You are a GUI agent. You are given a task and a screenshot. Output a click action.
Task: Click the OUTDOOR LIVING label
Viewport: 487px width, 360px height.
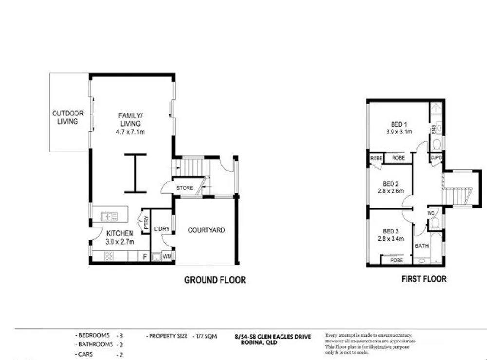click(x=68, y=117)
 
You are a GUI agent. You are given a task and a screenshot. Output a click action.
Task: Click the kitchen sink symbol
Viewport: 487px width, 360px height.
click(x=110, y=215)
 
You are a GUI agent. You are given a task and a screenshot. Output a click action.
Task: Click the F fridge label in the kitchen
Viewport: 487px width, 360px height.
click(x=144, y=256)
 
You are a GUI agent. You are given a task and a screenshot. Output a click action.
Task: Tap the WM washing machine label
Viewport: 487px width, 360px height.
click(x=167, y=256)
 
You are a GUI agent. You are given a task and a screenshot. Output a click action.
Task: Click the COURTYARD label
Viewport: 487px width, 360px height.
click(x=206, y=230)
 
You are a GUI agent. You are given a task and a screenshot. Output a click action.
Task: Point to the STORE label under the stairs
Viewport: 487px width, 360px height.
click(x=185, y=188)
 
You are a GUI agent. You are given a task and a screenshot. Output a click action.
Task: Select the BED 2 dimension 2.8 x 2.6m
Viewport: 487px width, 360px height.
click(x=391, y=191)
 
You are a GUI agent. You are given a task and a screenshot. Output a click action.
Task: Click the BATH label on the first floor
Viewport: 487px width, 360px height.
click(x=421, y=246)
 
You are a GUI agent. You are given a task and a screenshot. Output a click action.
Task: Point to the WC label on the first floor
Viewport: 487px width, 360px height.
click(x=430, y=213)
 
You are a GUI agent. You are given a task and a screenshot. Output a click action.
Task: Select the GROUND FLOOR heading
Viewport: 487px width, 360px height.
click(x=214, y=280)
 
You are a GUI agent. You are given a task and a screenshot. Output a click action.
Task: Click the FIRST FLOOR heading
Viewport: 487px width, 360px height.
click(x=423, y=279)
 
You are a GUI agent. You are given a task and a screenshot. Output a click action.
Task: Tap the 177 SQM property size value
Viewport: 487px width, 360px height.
click(x=205, y=336)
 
